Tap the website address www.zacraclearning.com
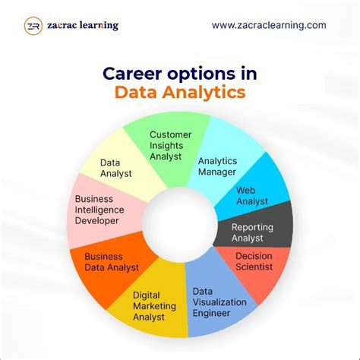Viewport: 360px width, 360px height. pyautogui.click(x=269, y=25)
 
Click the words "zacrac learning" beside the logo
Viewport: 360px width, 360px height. pyautogui.click(x=83, y=26)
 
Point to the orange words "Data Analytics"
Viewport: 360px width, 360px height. pyautogui.click(x=180, y=93)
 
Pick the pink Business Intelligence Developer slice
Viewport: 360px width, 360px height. pyautogui.click(x=99, y=210)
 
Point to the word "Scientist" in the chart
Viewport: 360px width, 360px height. pyautogui.click(x=254, y=267)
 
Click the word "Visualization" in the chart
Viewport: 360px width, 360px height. pyautogui.click(x=219, y=302)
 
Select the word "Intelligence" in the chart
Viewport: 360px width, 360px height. pyautogui.click(x=100, y=210)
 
